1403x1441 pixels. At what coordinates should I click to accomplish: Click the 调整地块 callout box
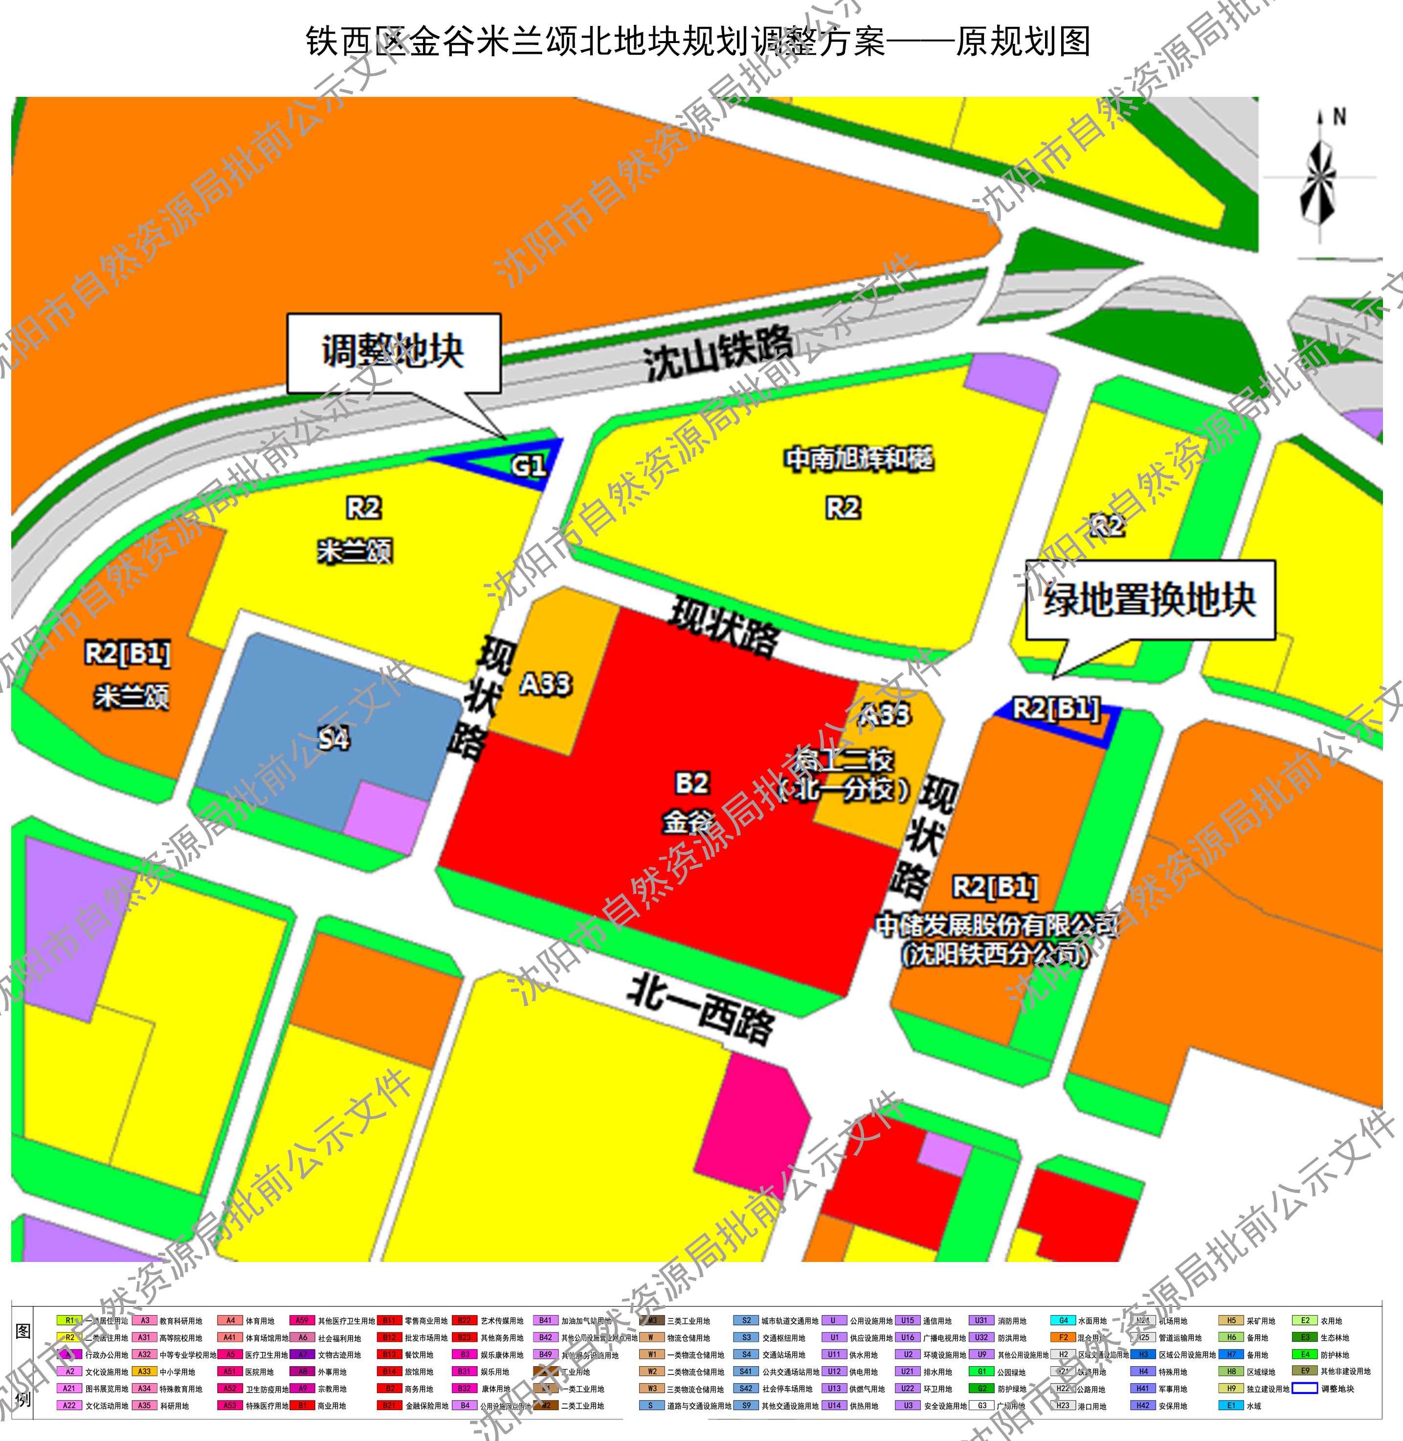tap(394, 352)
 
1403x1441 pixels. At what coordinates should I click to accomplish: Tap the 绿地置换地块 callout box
tap(1150, 599)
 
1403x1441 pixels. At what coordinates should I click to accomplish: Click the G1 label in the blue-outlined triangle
tap(528, 466)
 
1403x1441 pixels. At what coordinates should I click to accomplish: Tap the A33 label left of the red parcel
tap(545, 684)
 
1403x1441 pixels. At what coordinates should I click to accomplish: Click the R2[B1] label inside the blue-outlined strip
tap(1056, 709)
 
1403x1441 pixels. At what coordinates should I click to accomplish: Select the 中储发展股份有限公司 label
tap(995, 924)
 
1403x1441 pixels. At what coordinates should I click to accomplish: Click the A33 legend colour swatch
tap(144, 1372)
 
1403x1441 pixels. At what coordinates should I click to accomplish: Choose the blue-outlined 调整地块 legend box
tap(1304, 1389)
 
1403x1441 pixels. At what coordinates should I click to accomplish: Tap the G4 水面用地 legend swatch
tap(1063, 1321)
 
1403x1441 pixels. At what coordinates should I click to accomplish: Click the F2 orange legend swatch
tap(1063, 1338)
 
